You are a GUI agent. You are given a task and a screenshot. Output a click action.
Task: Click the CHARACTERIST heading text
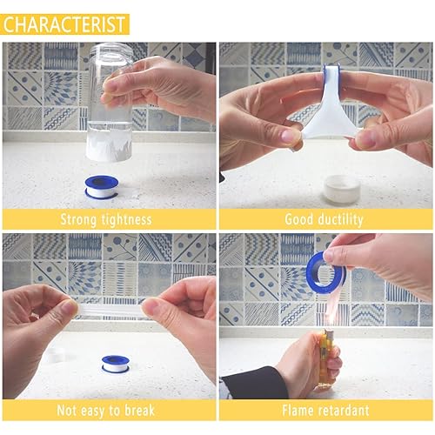[65, 23]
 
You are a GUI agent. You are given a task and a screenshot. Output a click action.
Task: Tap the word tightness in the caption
[127, 218]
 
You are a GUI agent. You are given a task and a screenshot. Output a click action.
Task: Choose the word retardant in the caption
[343, 410]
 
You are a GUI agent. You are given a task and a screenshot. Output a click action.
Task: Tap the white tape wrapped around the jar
[108, 144]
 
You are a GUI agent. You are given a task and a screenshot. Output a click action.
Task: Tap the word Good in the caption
[298, 218]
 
